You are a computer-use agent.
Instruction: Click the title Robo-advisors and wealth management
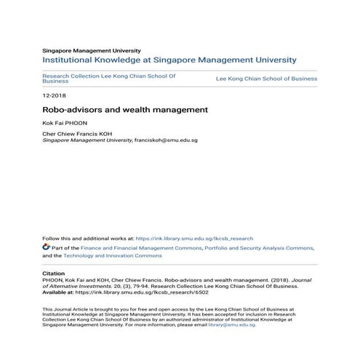125,110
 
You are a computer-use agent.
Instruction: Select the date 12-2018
54,95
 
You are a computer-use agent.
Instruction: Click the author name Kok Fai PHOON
64,124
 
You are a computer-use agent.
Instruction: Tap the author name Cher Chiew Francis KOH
76,135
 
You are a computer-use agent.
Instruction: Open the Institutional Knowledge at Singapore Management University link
169,60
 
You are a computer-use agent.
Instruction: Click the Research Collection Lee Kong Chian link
109,76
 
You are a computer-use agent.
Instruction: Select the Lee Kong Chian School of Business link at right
267,78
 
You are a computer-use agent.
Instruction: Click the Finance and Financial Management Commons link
141,247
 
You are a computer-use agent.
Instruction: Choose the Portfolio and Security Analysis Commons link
258,247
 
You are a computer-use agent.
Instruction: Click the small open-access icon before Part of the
47,247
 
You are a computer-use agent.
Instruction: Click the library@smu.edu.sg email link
231,324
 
